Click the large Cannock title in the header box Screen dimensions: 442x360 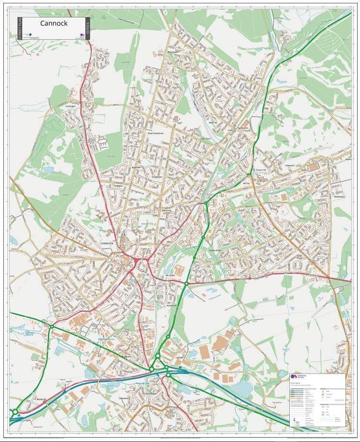(54, 23)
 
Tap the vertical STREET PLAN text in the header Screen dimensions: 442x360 (20, 29)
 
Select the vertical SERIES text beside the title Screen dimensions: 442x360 (88, 28)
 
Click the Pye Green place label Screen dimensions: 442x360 (172, 52)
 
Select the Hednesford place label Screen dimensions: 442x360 (242, 128)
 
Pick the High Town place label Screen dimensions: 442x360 (206, 139)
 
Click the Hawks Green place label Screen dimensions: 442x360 (215, 251)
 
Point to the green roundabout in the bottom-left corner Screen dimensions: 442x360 (16, 412)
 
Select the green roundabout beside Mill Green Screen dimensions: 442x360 (186, 284)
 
